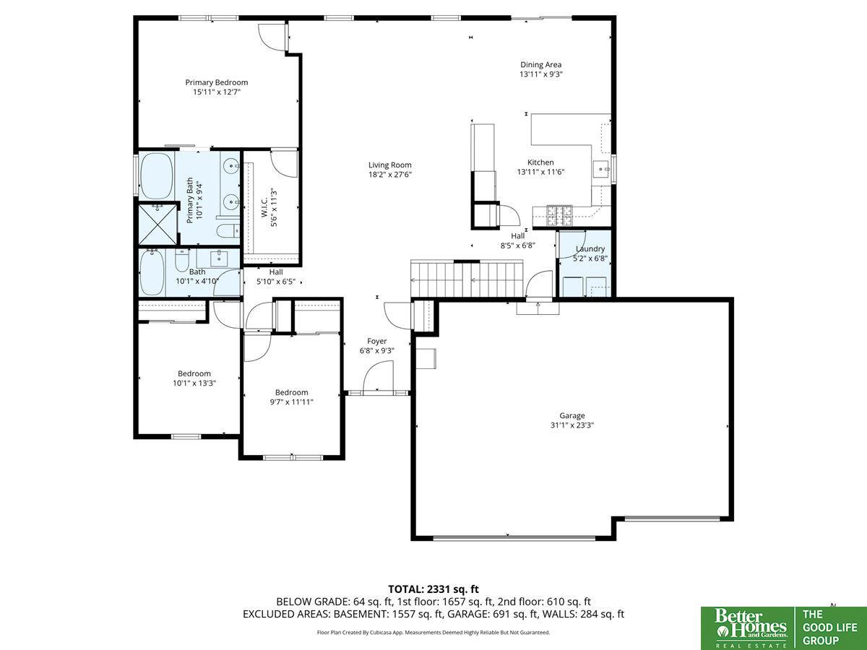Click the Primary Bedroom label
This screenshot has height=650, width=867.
tap(217, 82)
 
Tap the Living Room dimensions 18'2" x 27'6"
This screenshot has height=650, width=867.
tap(390, 175)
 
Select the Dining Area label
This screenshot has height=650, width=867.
tap(540, 65)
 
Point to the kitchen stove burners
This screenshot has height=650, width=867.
tap(559, 216)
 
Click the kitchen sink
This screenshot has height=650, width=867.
tap(602, 169)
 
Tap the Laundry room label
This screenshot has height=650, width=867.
tap(590, 249)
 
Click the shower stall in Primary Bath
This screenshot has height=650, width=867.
tap(158, 224)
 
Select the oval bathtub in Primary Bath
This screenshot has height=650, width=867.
tap(157, 175)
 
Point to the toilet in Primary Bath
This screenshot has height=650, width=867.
tap(229, 230)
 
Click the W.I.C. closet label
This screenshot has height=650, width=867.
tap(264, 207)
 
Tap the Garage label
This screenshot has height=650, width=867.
tap(572, 415)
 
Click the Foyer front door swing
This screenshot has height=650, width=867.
tap(378, 376)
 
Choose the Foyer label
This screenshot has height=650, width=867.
tap(377, 342)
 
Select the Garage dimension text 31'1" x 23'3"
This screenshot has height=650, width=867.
tap(572, 425)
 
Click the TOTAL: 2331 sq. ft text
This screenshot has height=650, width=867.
tap(433, 589)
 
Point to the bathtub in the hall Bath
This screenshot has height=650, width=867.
tap(152, 273)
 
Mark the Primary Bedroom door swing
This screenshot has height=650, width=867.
tap(272, 37)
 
